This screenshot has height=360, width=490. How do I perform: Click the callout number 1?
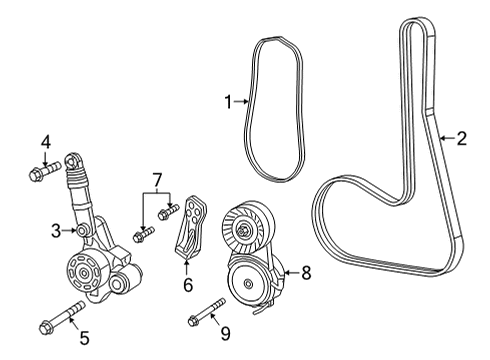[228, 100]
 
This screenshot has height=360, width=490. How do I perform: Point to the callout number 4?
[46, 142]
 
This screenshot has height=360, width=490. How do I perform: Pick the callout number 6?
[187, 286]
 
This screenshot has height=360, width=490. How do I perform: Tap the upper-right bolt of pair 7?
[170, 211]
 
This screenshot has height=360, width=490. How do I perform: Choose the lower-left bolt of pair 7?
[143, 234]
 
